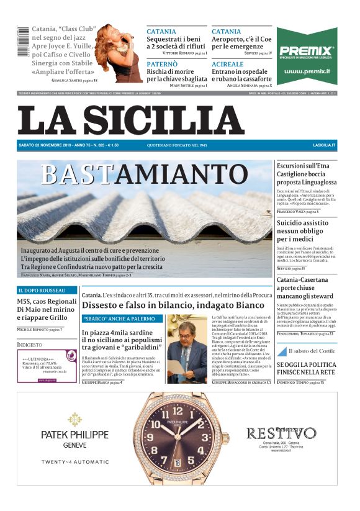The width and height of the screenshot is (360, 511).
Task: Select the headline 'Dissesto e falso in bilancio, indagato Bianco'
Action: pyautogui.click(x=173, y=305)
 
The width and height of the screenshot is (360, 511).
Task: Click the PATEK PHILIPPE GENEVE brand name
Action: pyautogui.click(x=75, y=438)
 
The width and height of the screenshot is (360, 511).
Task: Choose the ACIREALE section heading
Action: pyautogui.click(x=227, y=64)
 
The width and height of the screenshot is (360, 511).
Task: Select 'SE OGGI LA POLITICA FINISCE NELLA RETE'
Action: pyautogui.click(x=306, y=368)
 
